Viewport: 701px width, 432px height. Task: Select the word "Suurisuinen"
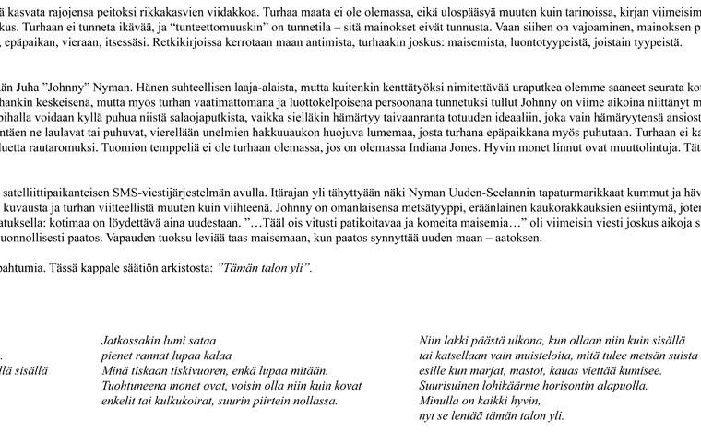pyautogui.click(x=454, y=385)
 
